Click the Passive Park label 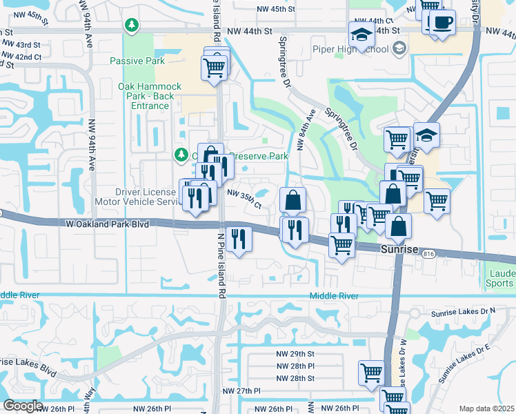point(137,61)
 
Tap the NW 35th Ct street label point(244,201)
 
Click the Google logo point(23,406)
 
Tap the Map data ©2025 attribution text point(486,408)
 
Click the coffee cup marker point(441,21)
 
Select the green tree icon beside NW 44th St point(131,25)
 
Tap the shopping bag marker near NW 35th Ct point(292,200)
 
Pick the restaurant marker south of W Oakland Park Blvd point(239,239)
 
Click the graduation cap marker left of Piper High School point(361,34)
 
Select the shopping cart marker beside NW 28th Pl point(371,373)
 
